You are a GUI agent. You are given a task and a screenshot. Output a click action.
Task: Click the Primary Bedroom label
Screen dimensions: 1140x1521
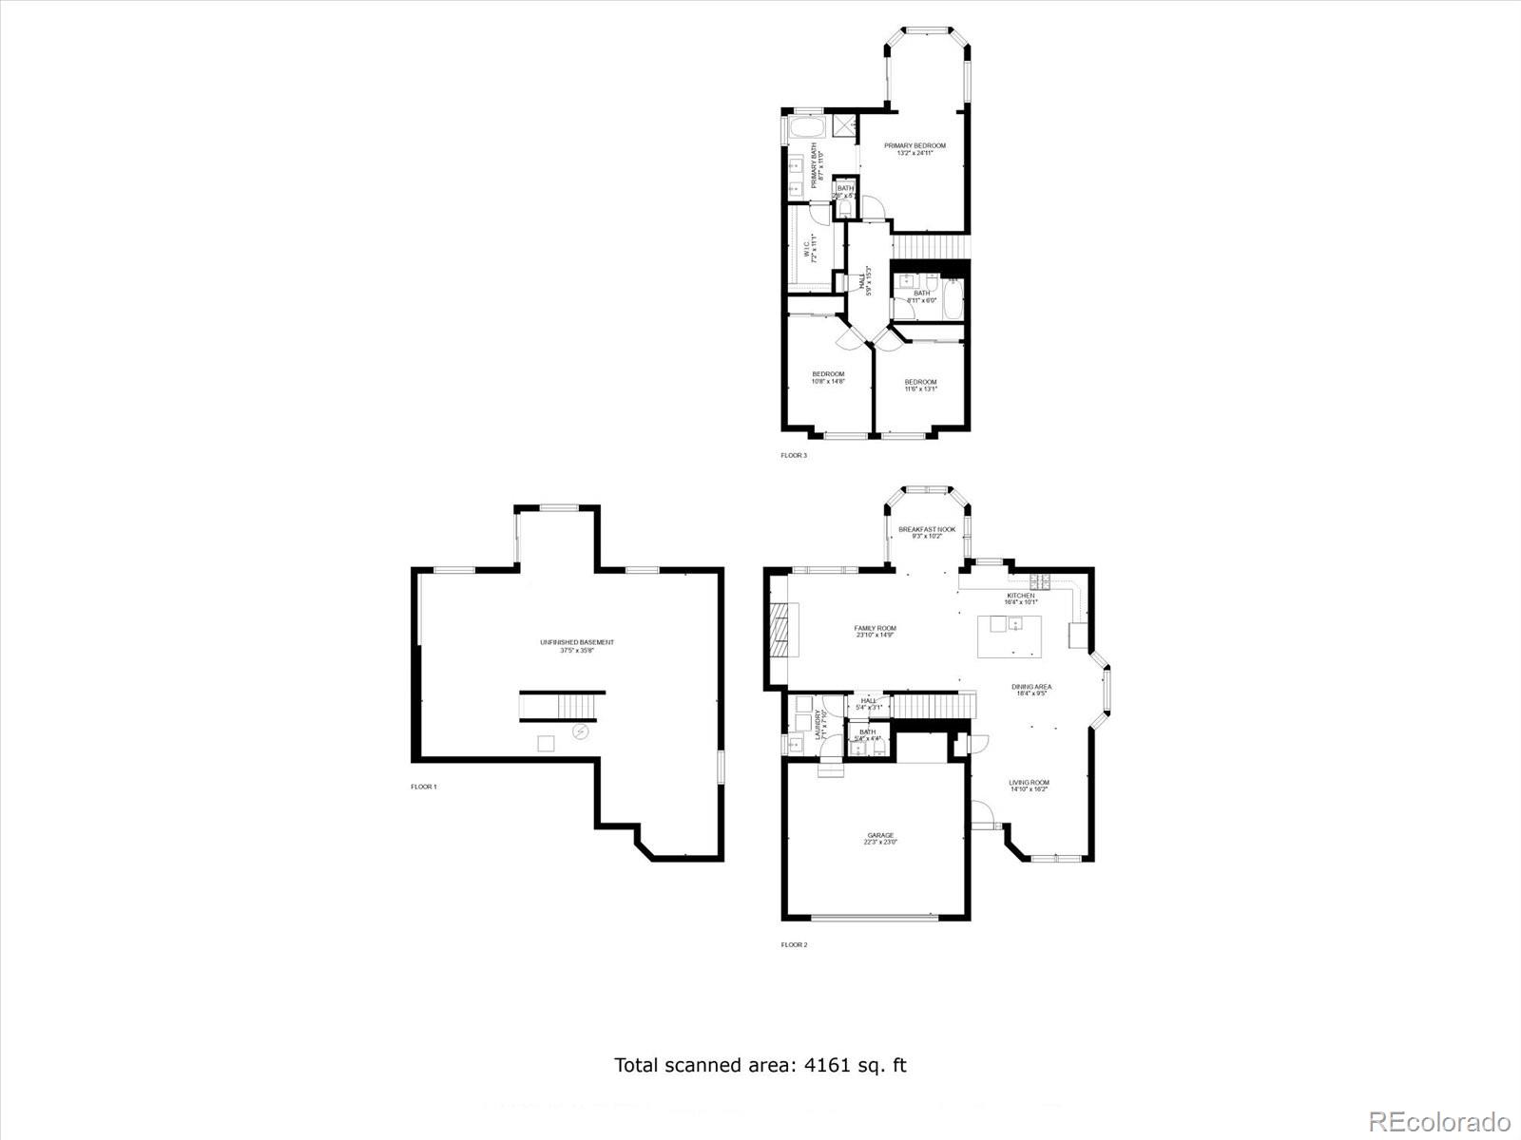pyautogui.click(x=915, y=148)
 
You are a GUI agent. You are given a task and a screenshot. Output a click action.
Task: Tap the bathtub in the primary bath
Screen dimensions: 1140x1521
pyautogui.click(x=808, y=129)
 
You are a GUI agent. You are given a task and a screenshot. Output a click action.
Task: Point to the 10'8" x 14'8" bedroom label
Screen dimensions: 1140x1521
pyautogui.click(x=828, y=377)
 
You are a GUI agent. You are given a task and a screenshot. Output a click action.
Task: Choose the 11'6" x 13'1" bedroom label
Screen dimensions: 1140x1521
pyautogui.click(x=920, y=385)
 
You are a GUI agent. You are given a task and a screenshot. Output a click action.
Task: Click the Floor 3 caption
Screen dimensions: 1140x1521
pyautogui.click(x=794, y=456)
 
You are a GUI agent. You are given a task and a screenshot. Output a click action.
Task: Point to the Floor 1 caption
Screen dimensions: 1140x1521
pyautogui.click(x=424, y=787)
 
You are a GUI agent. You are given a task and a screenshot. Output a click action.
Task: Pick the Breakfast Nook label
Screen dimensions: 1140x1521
pyautogui.click(x=927, y=532)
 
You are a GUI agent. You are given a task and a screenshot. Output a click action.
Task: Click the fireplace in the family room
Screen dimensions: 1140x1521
pyautogui.click(x=779, y=629)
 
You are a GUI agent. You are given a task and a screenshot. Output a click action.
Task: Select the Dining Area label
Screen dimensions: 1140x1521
pyautogui.click(x=1031, y=690)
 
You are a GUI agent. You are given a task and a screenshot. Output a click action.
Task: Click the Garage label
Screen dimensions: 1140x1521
pyautogui.click(x=880, y=838)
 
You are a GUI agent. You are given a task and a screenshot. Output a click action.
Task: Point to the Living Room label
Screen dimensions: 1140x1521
pyautogui.click(x=1030, y=786)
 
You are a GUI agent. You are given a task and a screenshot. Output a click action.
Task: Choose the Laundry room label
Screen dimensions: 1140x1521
pyautogui.click(x=818, y=724)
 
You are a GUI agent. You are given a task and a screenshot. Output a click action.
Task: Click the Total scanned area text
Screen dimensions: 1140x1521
pyautogui.click(x=760, y=1065)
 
